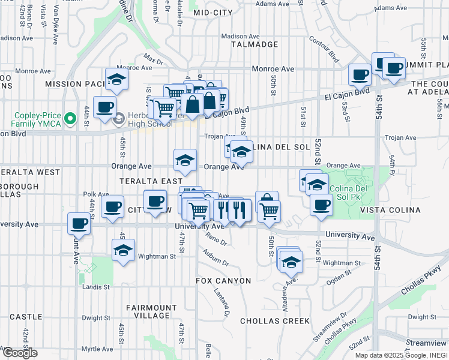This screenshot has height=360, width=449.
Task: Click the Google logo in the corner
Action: pos(20,353)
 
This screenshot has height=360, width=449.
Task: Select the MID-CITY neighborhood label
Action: pos(213,12)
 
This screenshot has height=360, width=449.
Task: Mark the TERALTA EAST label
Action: pos(151,181)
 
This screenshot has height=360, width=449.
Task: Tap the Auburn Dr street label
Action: pos(217,259)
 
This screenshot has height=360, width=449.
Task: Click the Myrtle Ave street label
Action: pos(98,349)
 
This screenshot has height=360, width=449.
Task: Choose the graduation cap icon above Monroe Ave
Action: pos(116,79)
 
